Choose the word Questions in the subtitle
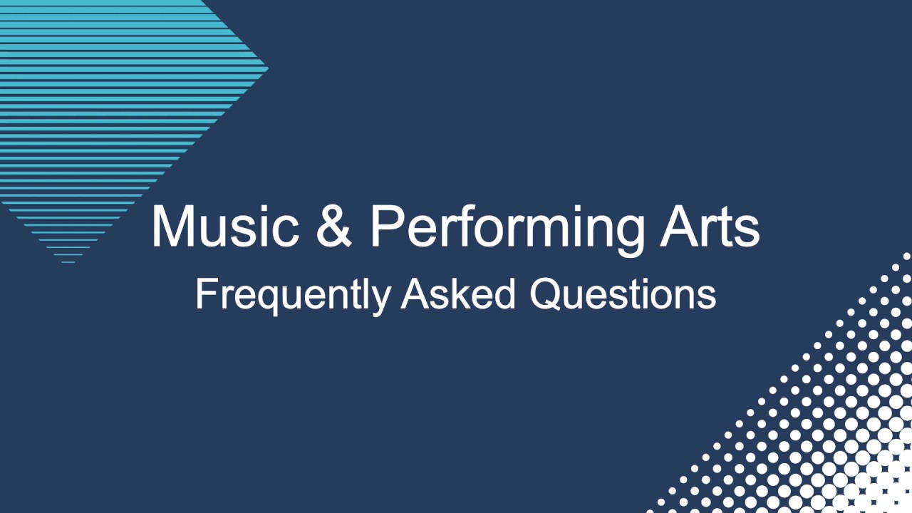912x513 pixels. [623, 294]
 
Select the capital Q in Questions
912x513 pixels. [544, 294]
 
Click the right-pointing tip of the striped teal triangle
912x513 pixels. [267, 69]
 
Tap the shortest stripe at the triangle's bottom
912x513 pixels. [68, 262]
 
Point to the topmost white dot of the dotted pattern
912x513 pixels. [907, 256]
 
